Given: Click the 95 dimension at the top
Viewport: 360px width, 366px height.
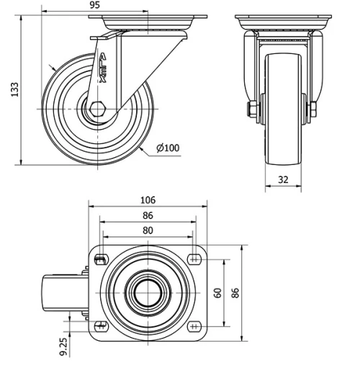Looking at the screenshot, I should (94, 5).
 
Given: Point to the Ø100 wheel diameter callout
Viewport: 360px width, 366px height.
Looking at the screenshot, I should (167, 148).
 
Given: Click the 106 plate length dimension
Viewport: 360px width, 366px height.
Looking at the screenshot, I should (148, 200).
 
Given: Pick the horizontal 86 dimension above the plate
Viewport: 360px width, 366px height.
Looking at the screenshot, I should (148, 215).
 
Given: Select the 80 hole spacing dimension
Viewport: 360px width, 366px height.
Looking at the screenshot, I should (148, 230).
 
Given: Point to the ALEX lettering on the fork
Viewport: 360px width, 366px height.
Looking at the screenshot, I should (102, 68).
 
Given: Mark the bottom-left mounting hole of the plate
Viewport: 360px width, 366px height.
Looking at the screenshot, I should (100, 326).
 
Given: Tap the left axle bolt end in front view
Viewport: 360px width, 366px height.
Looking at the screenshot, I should (253, 110).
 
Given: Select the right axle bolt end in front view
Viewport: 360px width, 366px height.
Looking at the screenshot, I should (312, 110).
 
